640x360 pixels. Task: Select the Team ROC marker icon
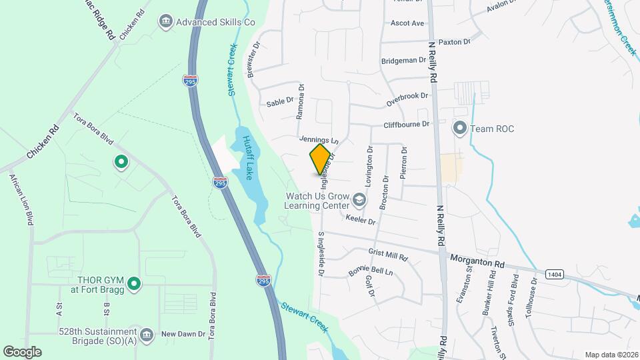(x=459, y=127)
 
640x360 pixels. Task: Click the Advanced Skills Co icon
(x=165, y=22)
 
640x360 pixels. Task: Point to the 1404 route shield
(x=553, y=274)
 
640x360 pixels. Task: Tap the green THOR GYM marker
(x=133, y=285)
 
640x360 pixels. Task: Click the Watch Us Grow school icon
(x=359, y=199)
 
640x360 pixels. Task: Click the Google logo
(x=22, y=352)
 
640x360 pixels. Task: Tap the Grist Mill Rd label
(x=388, y=255)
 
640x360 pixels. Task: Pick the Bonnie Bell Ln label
(x=371, y=272)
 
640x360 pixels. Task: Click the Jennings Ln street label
(x=319, y=141)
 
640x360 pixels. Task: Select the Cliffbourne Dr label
(x=405, y=125)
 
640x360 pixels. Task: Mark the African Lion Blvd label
(x=21, y=200)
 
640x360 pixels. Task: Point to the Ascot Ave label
(x=407, y=23)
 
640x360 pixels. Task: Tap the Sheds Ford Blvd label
(x=515, y=294)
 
